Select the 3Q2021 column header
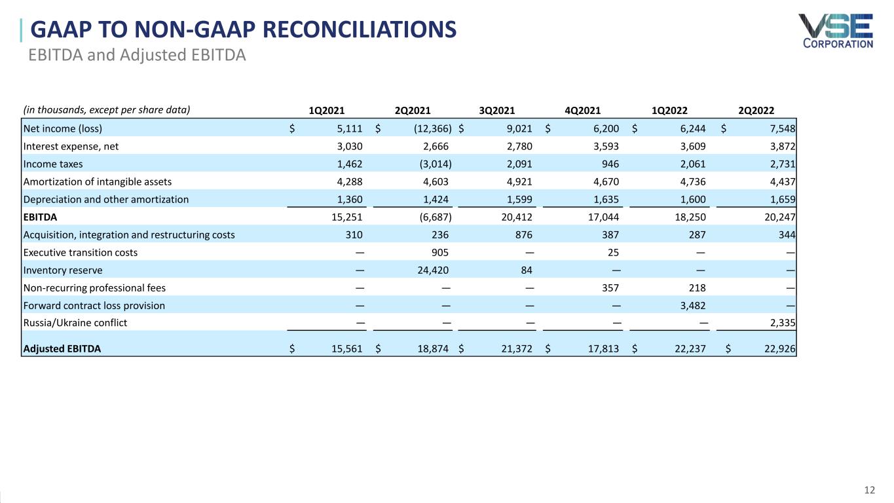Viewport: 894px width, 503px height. (x=497, y=111)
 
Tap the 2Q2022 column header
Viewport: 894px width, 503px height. (x=756, y=111)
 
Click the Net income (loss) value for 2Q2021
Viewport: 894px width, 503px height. (x=433, y=128)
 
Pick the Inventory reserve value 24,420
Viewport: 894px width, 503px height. (x=433, y=270)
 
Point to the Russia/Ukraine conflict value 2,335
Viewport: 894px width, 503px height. (x=783, y=322)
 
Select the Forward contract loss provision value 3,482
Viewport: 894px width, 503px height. (x=693, y=306)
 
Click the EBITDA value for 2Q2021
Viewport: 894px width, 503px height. (x=436, y=217)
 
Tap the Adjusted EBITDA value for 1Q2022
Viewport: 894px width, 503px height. (x=690, y=349)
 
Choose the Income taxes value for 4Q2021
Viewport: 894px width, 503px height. (x=610, y=164)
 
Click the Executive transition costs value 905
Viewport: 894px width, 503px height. (x=440, y=253)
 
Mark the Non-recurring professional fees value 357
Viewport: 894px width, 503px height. (x=610, y=288)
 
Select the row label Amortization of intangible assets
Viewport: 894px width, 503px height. (x=98, y=182)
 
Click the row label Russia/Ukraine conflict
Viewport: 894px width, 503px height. (x=75, y=322)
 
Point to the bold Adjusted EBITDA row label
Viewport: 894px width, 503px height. (x=62, y=349)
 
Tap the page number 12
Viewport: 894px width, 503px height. (x=869, y=490)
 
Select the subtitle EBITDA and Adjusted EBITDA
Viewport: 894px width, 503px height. (x=137, y=55)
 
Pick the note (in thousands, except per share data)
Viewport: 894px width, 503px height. (x=107, y=110)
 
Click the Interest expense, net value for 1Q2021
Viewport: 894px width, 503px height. (x=350, y=147)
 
